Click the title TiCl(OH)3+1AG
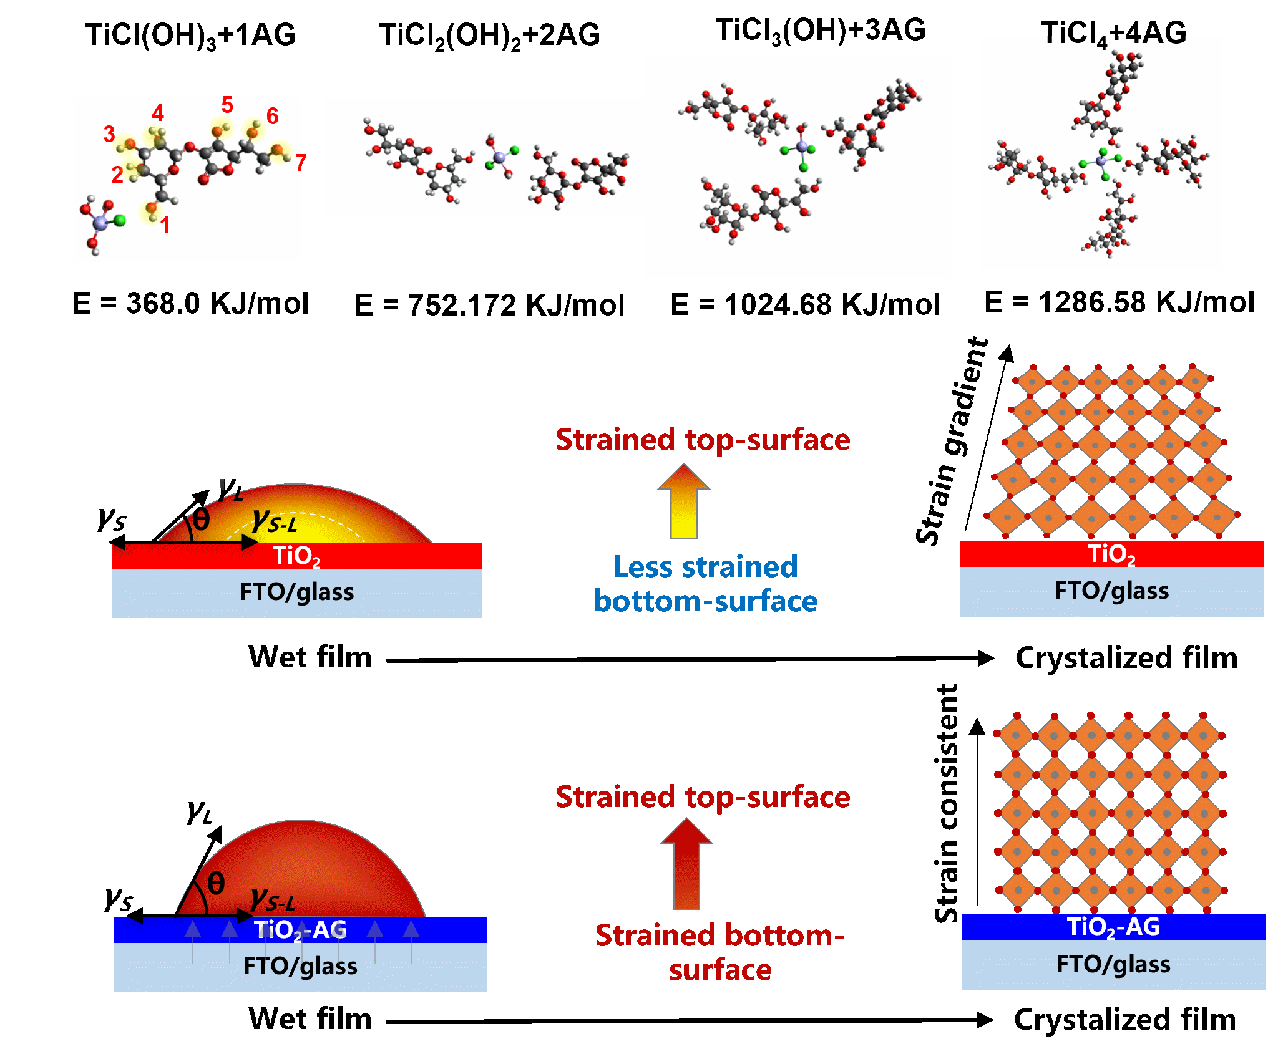[190, 36]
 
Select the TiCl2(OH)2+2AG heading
[490, 36]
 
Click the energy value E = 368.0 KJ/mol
[191, 304]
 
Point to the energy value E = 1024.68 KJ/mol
[805, 305]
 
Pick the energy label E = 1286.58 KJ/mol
[1119, 302]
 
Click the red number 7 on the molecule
[301, 163]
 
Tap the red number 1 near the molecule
[165, 225]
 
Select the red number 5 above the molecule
[227, 105]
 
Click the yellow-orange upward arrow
[684, 502]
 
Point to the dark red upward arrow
[686, 864]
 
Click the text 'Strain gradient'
[953, 442]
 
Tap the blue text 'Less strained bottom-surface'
[706, 584]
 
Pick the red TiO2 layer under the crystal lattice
[1111, 554]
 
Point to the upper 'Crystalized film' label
[1126, 658]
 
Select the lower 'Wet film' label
[310, 1019]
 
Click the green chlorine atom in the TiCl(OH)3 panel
[120, 220]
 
